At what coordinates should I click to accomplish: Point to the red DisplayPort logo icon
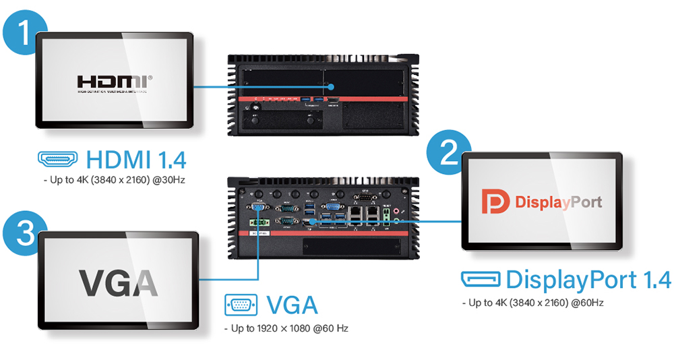pyautogui.click(x=495, y=201)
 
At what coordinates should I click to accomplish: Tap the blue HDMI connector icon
pyautogui.click(x=59, y=160)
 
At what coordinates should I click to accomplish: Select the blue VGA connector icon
pyautogui.click(x=240, y=305)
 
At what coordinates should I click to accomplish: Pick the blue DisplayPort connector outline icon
pyautogui.click(x=481, y=278)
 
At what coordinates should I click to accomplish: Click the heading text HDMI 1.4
pyautogui.click(x=137, y=160)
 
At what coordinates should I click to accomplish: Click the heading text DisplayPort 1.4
pyautogui.click(x=588, y=279)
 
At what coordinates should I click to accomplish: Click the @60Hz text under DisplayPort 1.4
pyautogui.click(x=587, y=303)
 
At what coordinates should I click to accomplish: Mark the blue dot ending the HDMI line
pyautogui.click(x=332, y=87)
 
